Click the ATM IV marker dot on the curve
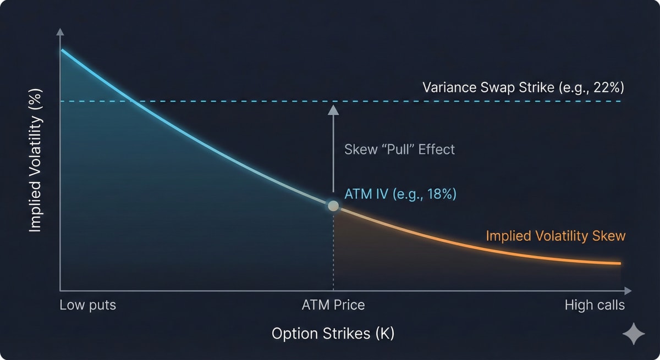(x=333, y=206)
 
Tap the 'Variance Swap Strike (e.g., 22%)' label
(x=523, y=87)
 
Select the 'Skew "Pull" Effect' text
(x=399, y=149)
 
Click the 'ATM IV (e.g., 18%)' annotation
(x=400, y=194)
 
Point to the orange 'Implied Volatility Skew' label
(x=555, y=236)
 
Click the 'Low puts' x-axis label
(x=88, y=305)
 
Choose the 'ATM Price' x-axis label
(x=333, y=305)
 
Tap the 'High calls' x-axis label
(x=595, y=305)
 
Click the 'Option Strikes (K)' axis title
(x=333, y=334)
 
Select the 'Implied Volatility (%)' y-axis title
(x=35, y=160)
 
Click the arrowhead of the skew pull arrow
(x=333, y=110)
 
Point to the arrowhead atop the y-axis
(x=59, y=31)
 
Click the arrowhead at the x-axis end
(x=628, y=290)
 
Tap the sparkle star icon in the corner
(x=633, y=334)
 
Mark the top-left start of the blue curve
(x=62, y=51)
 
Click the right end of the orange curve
(x=620, y=264)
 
